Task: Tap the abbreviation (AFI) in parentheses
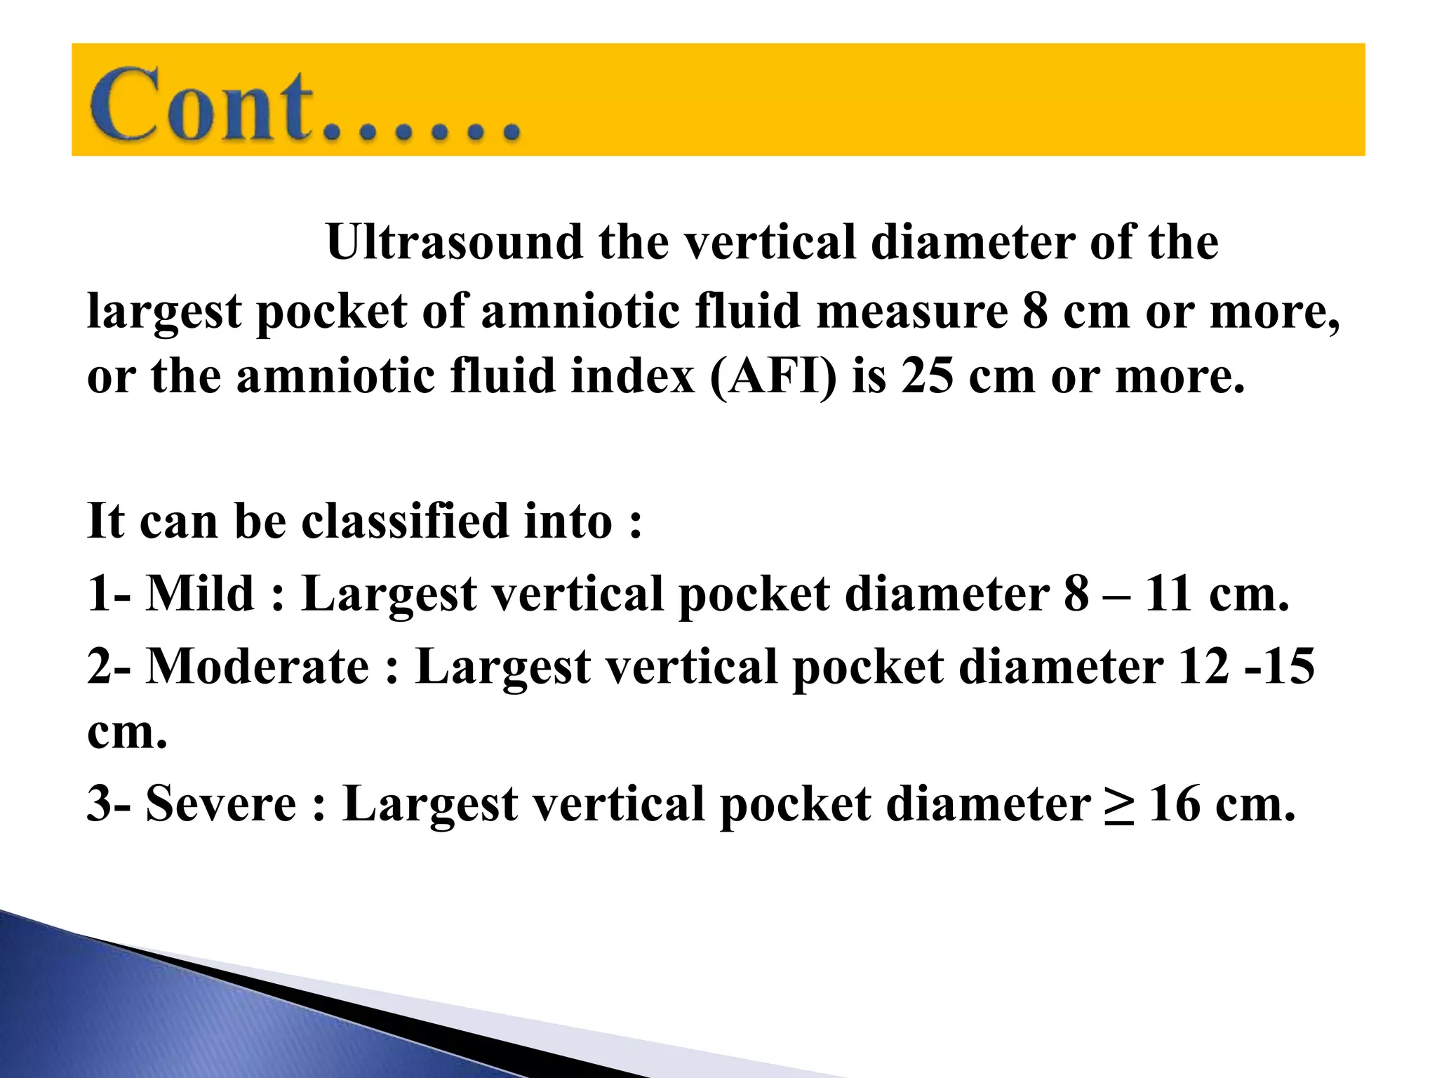[773, 377]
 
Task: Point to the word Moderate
[258, 666]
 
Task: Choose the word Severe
[221, 804]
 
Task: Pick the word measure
[912, 311]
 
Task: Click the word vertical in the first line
[770, 243]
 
